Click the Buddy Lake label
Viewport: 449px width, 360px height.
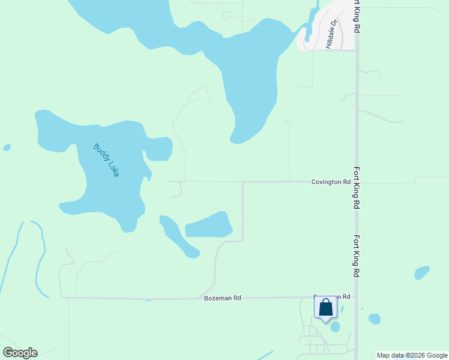[106, 160]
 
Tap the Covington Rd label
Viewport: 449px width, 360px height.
[330, 182]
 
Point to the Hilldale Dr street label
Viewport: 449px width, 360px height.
[332, 34]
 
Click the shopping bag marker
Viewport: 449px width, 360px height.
[325, 308]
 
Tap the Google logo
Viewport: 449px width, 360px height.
[20, 353]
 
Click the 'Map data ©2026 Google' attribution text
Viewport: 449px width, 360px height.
[412, 355]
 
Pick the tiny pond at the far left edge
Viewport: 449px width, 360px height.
[7, 147]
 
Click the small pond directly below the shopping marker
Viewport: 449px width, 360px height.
[335, 327]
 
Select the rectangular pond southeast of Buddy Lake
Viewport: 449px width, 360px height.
[208, 226]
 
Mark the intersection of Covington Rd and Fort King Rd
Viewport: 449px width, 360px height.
[357, 181]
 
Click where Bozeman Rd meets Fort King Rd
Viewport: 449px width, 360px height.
[357, 296]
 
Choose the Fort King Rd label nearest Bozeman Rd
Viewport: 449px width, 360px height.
[357, 255]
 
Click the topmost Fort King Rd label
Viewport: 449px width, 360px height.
[357, 16]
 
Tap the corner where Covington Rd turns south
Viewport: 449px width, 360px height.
[243, 181]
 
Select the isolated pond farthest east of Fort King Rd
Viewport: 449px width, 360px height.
[422, 272]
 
